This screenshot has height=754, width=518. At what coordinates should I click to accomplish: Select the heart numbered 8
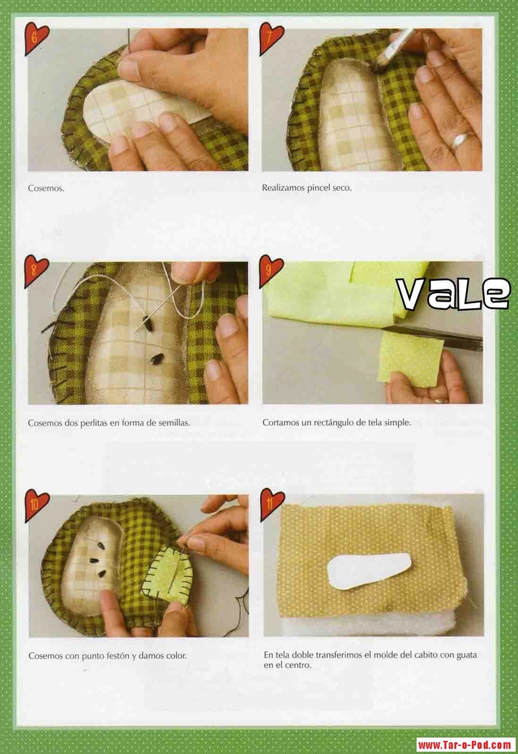pos(36,271)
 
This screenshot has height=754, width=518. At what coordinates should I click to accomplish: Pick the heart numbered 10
pos(36,506)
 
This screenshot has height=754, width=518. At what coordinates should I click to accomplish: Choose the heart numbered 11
pos(272,505)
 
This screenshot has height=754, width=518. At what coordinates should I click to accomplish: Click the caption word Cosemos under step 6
pos(46,188)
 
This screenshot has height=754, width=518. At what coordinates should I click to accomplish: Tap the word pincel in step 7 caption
pos(319,188)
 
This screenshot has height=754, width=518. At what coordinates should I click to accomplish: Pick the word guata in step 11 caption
pos(466,655)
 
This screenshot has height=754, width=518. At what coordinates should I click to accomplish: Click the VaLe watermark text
pos(452,294)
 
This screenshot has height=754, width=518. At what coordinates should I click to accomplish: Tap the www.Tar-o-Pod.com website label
pos(466,745)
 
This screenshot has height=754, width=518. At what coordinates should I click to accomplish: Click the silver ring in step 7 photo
pos(460,140)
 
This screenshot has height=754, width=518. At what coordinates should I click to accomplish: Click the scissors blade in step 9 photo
pos(432,336)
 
